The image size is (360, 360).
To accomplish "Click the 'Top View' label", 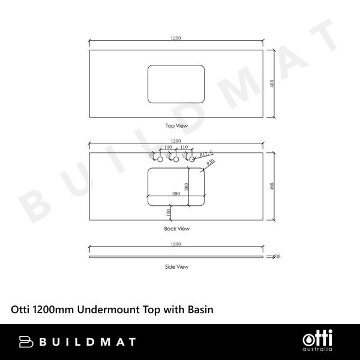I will (x=177, y=126).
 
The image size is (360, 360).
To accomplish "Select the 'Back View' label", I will (x=177, y=229).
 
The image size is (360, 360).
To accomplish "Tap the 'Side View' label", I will (x=177, y=266).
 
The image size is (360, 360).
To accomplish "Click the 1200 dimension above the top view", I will (x=176, y=38).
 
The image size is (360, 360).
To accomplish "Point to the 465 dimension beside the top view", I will (x=272, y=84).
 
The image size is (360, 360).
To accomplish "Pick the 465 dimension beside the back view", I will (x=272, y=187).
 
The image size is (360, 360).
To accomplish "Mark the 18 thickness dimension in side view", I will (x=279, y=257).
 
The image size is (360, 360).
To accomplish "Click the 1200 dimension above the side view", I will (x=176, y=244).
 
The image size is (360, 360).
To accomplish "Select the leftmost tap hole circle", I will (x=160, y=160).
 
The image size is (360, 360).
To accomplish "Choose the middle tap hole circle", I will (x=176, y=160).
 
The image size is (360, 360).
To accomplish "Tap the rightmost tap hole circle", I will (x=192, y=160).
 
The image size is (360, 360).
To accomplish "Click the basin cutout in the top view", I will (x=176, y=85).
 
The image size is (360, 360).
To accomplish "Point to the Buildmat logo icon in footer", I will (x=26, y=341).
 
